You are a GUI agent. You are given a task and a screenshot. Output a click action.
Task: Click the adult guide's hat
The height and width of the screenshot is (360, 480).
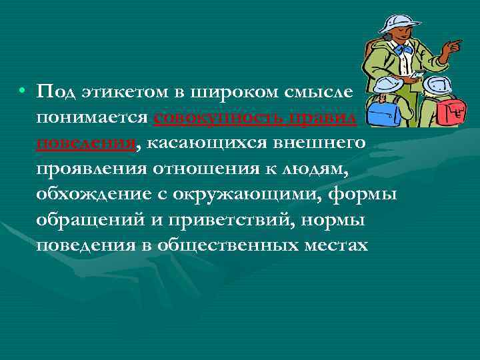[x=396, y=20]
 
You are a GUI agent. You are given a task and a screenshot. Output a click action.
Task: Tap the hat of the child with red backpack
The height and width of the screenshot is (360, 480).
[x=436, y=83]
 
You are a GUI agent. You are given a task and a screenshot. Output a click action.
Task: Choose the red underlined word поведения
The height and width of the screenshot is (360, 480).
[x=87, y=142]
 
